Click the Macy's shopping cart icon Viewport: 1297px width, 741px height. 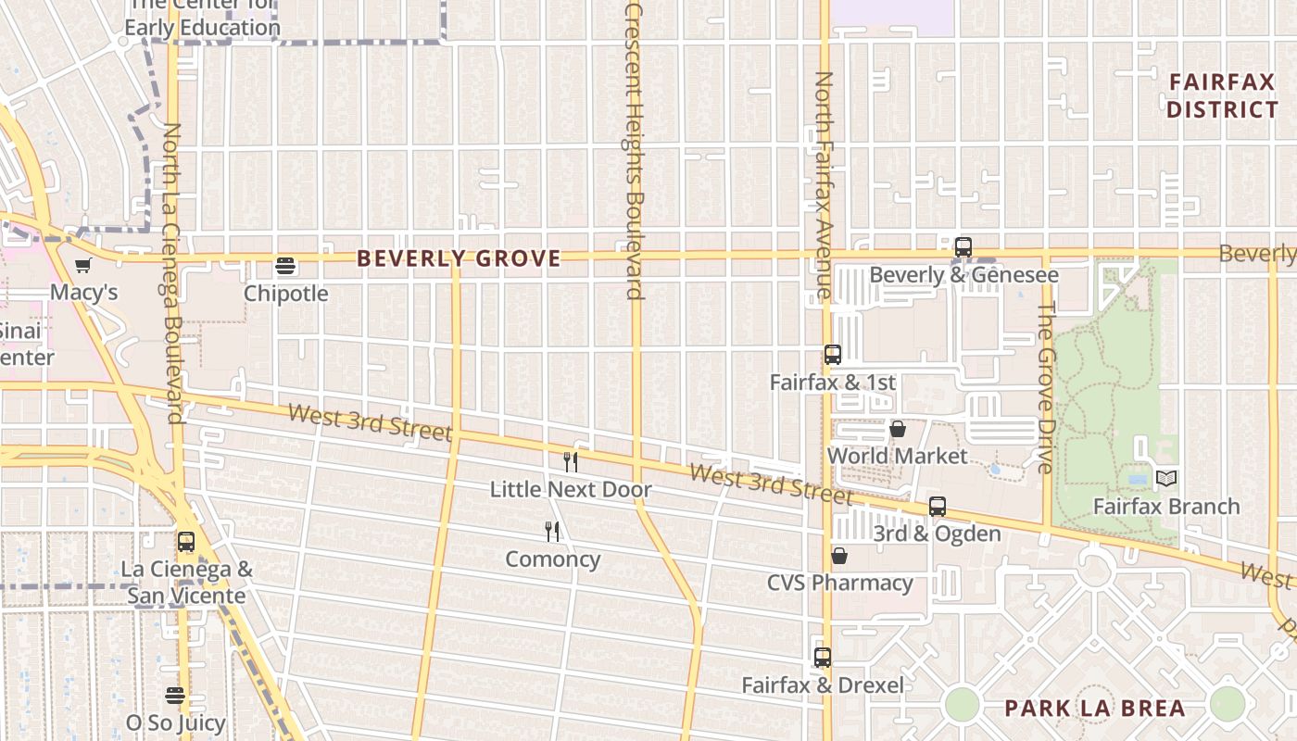[x=83, y=267]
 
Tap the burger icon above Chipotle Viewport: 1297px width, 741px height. [x=285, y=267]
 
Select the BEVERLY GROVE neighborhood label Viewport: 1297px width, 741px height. [x=459, y=258]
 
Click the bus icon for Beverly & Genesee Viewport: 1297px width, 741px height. [x=963, y=247]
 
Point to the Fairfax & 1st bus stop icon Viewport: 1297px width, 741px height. [x=833, y=355]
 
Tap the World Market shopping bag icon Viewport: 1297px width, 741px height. [x=897, y=429]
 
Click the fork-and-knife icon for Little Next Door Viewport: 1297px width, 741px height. [x=571, y=462]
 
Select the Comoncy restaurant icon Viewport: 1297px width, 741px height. [x=552, y=532]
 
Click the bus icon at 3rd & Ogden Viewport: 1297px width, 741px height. [x=938, y=507]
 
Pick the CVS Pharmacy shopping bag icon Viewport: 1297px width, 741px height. [x=839, y=556]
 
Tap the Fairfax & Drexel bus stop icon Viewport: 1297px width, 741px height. [x=823, y=658]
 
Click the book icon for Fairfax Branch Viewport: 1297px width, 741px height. [x=1166, y=479]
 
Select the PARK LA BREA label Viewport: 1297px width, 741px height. [x=1095, y=709]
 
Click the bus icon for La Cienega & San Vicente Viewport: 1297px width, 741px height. [x=186, y=542]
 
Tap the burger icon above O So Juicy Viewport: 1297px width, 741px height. [x=175, y=695]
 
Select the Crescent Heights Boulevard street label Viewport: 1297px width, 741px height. [x=635, y=153]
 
